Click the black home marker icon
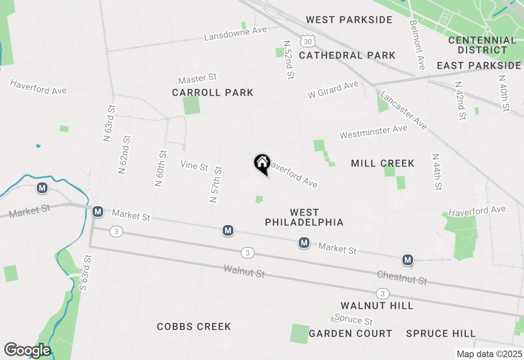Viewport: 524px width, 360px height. tap(262, 164)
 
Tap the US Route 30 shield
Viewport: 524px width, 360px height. tap(308, 41)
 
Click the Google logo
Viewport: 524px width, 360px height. tap(27, 350)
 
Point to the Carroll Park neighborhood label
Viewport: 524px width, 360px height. tap(212, 93)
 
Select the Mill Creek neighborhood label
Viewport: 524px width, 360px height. tap(383, 164)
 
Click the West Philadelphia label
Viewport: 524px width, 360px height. tap(304, 217)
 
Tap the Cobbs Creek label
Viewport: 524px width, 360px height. tap(194, 326)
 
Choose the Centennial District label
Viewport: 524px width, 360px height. tap(482, 45)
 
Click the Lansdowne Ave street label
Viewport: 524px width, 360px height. tap(235, 33)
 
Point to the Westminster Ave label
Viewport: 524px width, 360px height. tap(373, 132)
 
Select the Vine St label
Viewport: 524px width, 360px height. tap(194, 166)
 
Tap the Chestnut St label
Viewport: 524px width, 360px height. tap(402, 278)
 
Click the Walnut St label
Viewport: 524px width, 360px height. tap(244, 271)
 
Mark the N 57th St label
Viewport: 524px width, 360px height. tap(215, 184)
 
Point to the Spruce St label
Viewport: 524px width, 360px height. tap(353, 319)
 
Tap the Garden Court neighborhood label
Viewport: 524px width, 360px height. tap(350, 333)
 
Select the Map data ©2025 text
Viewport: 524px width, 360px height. tap(489, 354)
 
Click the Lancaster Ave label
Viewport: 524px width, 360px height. tap(403, 110)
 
